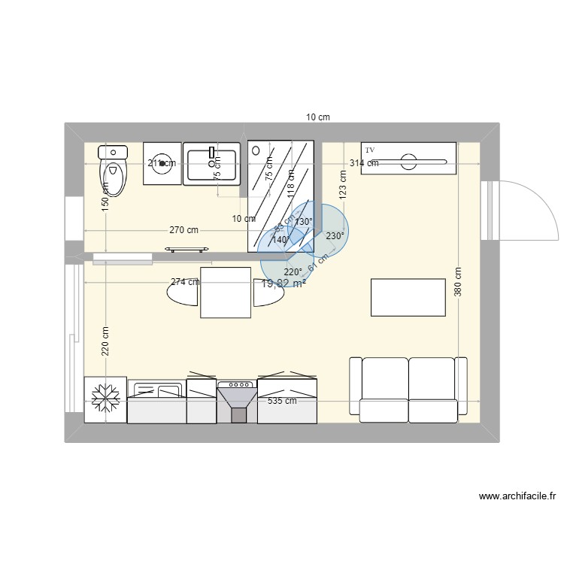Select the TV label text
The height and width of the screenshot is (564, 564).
pyautogui.click(x=370, y=150)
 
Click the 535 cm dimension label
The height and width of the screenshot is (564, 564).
pyautogui.click(x=282, y=401)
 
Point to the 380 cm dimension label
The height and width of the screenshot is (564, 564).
pyautogui.click(x=459, y=284)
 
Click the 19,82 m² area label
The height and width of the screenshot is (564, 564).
pyautogui.click(x=284, y=283)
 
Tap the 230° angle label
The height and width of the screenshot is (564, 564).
pyautogui.click(x=335, y=235)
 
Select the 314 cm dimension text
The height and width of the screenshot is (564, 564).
pyautogui.click(x=363, y=163)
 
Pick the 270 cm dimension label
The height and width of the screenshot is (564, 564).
pyautogui.click(x=183, y=230)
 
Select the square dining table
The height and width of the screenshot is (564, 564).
pyautogui.click(x=226, y=292)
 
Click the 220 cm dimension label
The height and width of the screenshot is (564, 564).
pyautogui.click(x=105, y=339)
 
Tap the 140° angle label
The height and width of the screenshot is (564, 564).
pyautogui.click(x=281, y=240)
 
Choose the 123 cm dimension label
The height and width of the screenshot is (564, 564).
pyautogui.click(x=342, y=183)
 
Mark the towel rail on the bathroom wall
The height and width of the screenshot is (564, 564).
pyautogui.click(x=186, y=248)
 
